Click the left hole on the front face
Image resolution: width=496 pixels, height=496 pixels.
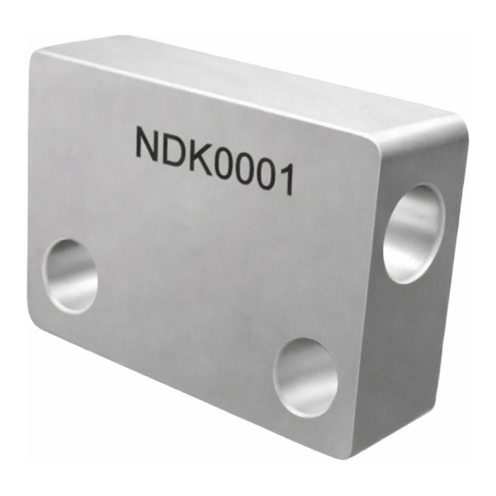tap(70, 276)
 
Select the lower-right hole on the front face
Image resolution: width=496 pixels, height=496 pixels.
tap(305, 377)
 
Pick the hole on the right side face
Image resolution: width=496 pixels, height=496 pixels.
tap(414, 234)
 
